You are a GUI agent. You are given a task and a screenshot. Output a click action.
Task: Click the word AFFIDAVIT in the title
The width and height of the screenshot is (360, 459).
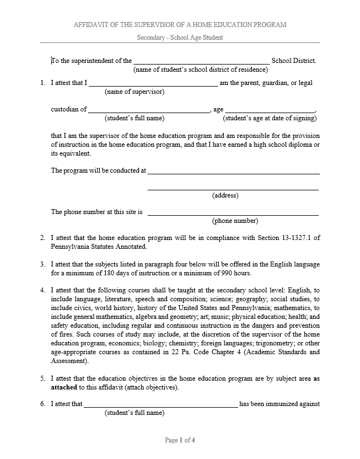[90, 25]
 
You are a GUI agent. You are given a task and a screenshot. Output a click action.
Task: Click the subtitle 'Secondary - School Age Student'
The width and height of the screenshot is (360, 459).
[180, 38]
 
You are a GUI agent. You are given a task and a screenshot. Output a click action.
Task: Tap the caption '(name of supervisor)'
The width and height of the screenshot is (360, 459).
[135, 92]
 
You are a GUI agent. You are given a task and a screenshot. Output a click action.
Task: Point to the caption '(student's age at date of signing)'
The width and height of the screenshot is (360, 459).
[270, 118]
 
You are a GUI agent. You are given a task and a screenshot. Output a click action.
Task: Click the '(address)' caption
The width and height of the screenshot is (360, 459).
[225, 195]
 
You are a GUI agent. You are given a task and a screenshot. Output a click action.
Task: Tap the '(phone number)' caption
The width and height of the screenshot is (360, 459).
[235, 221]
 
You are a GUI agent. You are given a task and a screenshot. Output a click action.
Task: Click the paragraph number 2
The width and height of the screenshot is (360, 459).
[42, 238]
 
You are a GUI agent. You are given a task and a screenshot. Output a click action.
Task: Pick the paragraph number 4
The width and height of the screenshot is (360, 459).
[42, 291]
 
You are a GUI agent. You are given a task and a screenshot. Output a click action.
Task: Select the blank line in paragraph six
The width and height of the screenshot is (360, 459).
[160, 405]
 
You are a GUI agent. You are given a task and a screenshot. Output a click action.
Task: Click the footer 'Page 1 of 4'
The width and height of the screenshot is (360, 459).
[180, 440]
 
